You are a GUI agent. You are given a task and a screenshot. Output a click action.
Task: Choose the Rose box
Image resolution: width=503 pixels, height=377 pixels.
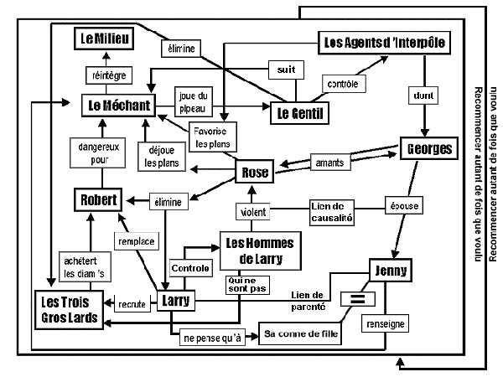tap(255, 173)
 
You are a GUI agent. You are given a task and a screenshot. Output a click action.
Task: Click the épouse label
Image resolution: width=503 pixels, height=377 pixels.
tap(404, 205)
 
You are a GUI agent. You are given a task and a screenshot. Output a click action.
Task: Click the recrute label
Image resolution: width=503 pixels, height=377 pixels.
tap(131, 302)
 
